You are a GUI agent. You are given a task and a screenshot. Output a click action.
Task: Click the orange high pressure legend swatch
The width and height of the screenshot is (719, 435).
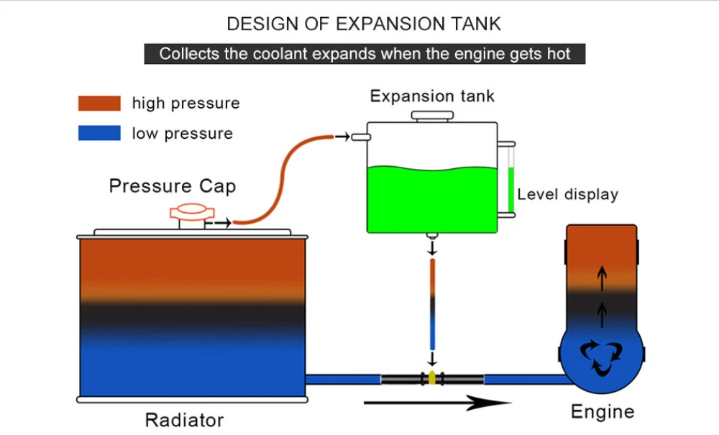[x=99, y=103]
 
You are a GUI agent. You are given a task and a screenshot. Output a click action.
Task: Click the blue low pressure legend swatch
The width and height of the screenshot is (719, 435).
[x=99, y=133]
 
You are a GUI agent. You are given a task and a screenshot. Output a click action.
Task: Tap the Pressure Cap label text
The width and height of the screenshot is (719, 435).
[x=173, y=186]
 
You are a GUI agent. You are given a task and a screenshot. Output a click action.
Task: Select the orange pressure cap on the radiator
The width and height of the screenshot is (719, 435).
[x=192, y=212]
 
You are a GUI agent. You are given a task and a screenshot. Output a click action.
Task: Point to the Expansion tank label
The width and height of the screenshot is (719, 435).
[x=432, y=96]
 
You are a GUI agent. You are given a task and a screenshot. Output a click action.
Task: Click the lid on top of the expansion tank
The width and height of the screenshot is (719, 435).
[x=432, y=116]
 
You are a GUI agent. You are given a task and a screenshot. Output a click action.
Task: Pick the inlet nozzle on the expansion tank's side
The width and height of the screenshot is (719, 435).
[x=361, y=137]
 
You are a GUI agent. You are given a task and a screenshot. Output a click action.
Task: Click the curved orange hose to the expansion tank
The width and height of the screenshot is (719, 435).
[x=282, y=180]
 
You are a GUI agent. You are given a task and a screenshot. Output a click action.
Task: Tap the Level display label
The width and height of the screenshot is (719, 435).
[x=568, y=194]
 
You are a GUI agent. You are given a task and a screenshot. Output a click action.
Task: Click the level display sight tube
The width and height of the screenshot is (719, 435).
[x=510, y=179]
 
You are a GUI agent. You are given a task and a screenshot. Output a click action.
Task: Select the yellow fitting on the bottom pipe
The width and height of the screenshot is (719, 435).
[x=432, y=378]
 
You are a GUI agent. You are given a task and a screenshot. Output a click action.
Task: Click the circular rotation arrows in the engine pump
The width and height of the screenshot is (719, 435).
[x=602, y=356]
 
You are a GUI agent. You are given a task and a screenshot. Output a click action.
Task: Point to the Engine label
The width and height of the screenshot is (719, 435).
[x=603, y=411]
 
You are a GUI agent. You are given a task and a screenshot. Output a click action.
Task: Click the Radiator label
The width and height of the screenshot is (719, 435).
[x=184, y=420]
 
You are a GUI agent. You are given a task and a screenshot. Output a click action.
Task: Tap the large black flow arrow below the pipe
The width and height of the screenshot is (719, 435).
[x=437, y=403]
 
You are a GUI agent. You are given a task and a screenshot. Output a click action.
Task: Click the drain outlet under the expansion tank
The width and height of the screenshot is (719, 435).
[x=432, y=236]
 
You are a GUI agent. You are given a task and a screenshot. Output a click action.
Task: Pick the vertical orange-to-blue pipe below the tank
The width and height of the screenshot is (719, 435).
[x=432, y=304]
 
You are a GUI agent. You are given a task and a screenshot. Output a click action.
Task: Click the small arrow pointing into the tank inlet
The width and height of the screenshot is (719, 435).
[x=342, y=137]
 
